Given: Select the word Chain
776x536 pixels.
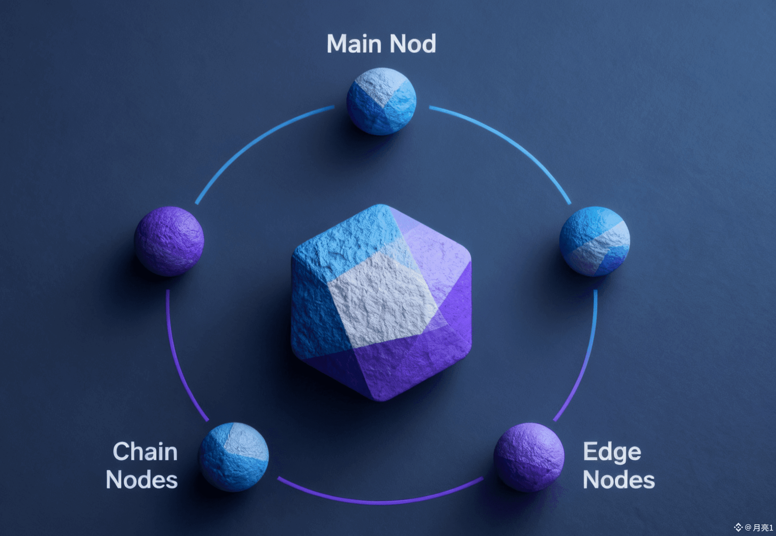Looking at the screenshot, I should pyautogui.click(x=145, y=452).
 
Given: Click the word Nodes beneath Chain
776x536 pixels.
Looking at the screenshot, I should pyautogui.click(x=142, y=480).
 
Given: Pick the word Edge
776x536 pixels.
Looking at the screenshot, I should pyautogui.click(x=612, y=453).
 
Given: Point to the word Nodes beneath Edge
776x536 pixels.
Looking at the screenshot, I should pyautogui.click(x=619, y=480).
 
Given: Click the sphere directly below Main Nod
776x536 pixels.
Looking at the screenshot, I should pyautogui.click(x=381, y=102).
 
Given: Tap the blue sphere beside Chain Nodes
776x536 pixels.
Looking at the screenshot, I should pyautogui.click(x=234, y=457).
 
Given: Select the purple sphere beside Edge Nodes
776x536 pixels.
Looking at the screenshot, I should pyautogui.click(x=529, y=457).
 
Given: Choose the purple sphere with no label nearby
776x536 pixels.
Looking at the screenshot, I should pyautogui.click(x=169, y=241).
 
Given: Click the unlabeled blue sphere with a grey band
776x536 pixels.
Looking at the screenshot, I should pyautogui.click(x=594, y=241).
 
